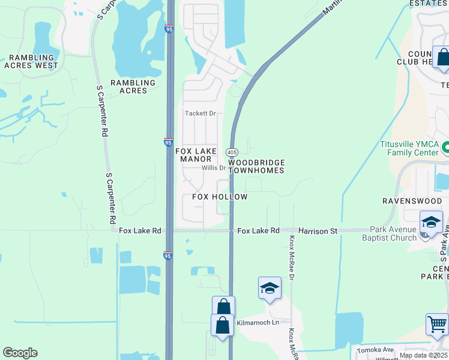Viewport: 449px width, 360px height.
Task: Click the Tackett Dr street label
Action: point(200,113)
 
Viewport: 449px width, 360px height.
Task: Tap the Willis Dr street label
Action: point(213,168)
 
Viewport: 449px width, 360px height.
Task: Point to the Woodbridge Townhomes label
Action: point(256,166)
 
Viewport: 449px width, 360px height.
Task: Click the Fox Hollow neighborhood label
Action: point(220,197)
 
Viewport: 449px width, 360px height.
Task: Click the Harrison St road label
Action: point(318,230)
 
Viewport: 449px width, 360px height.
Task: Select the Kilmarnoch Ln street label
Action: point(259,323)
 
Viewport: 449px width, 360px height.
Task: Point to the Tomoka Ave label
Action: point(375,350)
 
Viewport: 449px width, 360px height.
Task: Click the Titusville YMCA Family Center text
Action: point(409,148)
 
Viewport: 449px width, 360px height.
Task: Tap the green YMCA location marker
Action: point(445,146)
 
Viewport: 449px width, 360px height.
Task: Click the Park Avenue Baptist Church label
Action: point(393,233)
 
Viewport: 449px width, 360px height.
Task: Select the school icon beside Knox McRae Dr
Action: point(270,288)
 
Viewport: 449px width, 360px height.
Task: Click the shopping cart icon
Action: point(436,325)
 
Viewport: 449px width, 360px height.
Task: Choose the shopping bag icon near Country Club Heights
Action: point(442,58)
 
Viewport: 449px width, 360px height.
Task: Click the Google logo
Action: point(20,353)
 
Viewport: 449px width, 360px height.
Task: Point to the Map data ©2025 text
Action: point(423,355)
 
